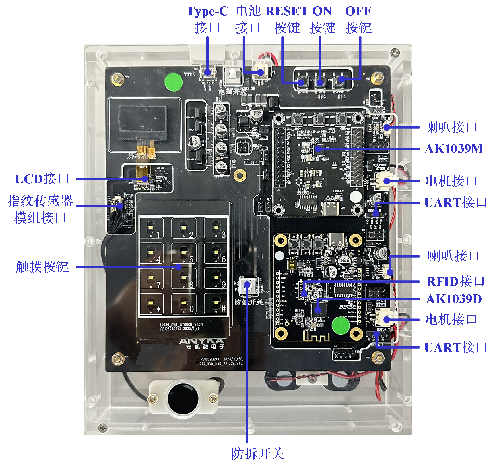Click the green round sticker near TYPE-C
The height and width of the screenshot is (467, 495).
[x=174, y=82]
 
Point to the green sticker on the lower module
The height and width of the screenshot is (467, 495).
[x=341, y=326]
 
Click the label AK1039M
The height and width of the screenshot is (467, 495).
[x=454, y=149]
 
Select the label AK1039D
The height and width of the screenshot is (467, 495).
[x=454, y=299]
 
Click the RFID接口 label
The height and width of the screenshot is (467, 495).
[x=455, y=281]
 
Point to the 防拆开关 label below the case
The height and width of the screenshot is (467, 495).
[x=258, y=453]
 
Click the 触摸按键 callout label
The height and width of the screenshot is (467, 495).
[x=42, y=267]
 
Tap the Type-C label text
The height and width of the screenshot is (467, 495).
[x=207, y=11]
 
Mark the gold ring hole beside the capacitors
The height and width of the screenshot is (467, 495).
[x=240, y=175]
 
